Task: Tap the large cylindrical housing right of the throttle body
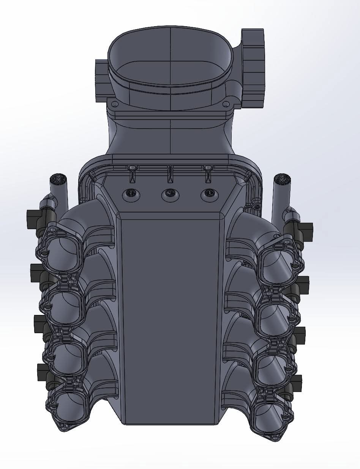(253, 68)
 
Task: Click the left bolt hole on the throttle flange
(113, 104)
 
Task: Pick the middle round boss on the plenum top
(170, 194)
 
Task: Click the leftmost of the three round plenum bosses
(130, 194)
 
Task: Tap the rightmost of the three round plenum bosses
(208, 194)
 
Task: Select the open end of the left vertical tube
(58, 178)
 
